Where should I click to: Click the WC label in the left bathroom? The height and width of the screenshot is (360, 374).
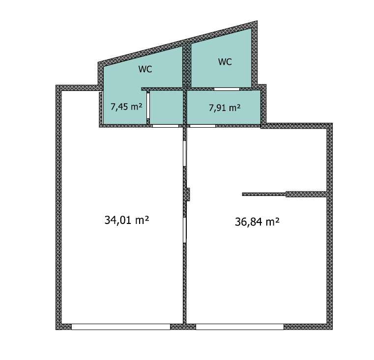[x=145, y=69]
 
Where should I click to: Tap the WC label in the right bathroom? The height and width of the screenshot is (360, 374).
[x=225, y=62]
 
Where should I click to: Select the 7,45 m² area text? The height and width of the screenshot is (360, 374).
[x=126, y=107]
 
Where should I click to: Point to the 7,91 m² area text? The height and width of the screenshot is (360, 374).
[x=225, y=108]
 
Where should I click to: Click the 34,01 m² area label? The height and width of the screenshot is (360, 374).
[x=127, y=220]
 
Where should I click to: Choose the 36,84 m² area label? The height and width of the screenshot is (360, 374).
[x=257, y=222]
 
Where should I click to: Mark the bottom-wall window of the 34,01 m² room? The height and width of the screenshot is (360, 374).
[x=121, y=327]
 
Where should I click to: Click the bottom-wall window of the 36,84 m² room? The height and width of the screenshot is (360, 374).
[x=240, y=327]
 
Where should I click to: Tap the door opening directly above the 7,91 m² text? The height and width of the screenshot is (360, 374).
[x=227, y=89]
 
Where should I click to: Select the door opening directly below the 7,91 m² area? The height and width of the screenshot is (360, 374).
[x=202, y=126]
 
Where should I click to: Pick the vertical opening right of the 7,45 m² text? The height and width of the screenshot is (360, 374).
[x=148, y=106]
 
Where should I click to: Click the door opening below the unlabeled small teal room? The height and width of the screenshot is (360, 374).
[x=166, y=126]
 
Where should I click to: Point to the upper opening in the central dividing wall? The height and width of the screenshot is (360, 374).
[x=184, y=153]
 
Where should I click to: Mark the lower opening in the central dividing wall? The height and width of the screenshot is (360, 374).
[x=184, y=230]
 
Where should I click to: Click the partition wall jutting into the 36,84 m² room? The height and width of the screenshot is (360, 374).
[x=285, y=194]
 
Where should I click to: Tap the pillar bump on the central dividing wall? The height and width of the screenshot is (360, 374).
[x=188, y=194]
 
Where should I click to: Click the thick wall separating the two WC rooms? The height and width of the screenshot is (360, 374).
[x=187, y=65]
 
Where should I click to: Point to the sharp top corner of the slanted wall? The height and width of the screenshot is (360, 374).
[x=257, y=21]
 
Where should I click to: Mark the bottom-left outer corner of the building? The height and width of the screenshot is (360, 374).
[x=56, y=330]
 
